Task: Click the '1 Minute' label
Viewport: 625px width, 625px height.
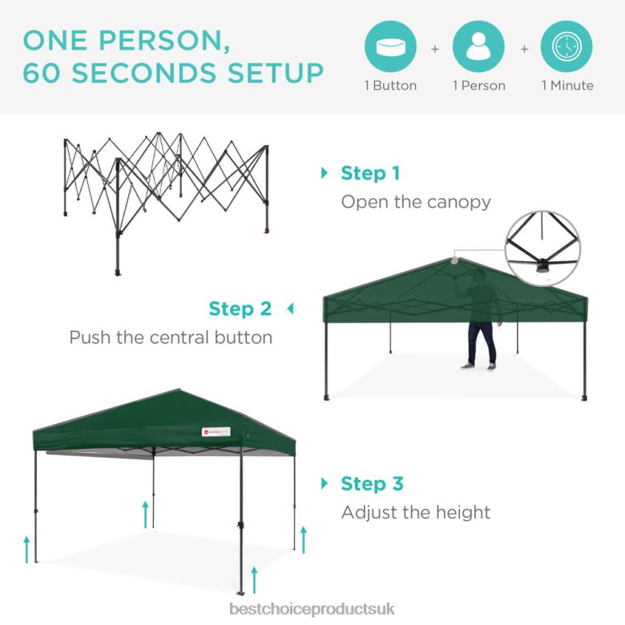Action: tap(567, 86)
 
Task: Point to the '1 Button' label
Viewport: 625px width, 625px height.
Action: tap(391, 86)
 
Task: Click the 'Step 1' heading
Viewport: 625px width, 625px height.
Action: tap(369, 173)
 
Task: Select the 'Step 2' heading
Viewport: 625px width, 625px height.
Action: tap(240, 308)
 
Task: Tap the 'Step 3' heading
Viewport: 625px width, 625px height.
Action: tap(372, 484)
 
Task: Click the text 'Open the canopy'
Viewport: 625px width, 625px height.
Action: tap(416, 201)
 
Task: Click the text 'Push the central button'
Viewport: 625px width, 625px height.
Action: tap(171, 337)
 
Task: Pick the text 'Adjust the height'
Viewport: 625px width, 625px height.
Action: tap(415, 512)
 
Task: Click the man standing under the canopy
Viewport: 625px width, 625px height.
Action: tap(479, 321)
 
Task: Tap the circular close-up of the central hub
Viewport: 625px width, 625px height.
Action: tap(544, 248)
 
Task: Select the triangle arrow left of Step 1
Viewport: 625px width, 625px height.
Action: tap(325, 173)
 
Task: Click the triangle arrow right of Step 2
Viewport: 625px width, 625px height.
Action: tap(290, 308)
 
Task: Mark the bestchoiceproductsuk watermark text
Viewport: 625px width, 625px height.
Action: tap(312, 610)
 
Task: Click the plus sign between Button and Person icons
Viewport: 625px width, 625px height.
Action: tap(435, 48)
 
